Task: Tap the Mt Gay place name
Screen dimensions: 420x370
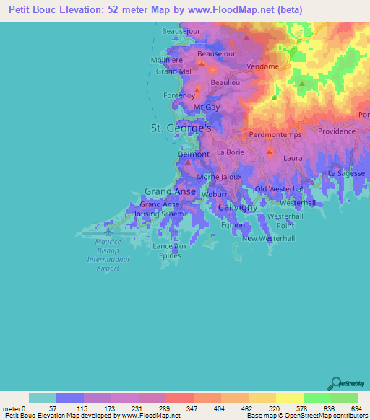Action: [207, 107]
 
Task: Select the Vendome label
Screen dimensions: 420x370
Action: [262, 66]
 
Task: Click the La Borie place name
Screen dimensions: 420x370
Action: [231, 153]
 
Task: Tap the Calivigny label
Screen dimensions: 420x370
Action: [238, 207]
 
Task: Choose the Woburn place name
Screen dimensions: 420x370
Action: [215, 195]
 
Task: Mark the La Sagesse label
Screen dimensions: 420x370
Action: [345, 174]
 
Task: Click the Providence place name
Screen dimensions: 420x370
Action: [337, 131]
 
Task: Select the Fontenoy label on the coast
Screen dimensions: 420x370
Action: [179, 95]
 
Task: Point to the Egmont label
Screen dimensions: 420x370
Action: [235, 225]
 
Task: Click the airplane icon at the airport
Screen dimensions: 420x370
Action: [108, 232]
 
